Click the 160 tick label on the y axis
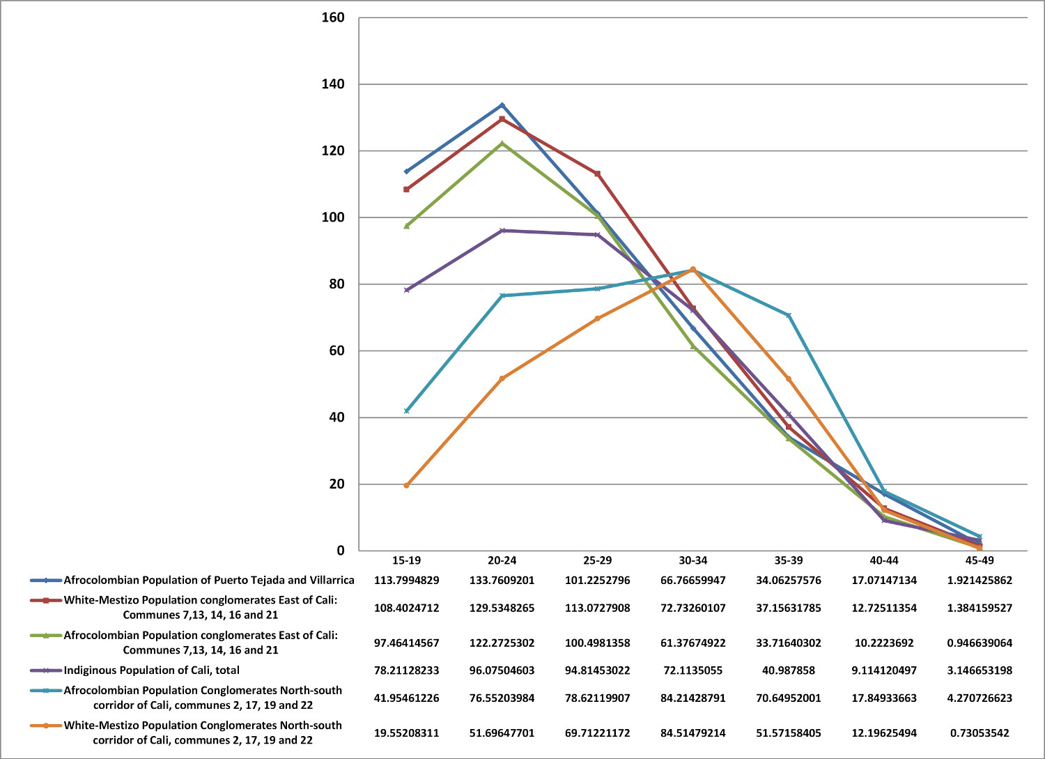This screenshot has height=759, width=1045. pyautogui.click(x=333, y=17)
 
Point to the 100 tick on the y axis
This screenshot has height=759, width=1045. pyautogui.click(x=333, y=217)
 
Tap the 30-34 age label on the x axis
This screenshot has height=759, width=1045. pyautogui.click(x=692, y=560)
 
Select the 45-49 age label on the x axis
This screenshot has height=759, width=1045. pyautogui.click(x=980, y=560)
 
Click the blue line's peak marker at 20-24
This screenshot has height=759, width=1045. pyautogui.click(x=502, y=105)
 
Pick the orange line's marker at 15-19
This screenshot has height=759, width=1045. pyautogui.click(x=406, y=485)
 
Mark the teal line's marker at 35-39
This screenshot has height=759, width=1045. pyautogui.click(x=789, y=315)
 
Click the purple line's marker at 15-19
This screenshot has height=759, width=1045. pyautogui.click(x=406, y=290)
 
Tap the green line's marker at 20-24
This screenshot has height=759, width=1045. pyautogui.click(x=502, y=144)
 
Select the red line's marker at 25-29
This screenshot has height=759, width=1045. pyautogui.click(x=597, y=174)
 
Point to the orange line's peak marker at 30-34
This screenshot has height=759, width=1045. pyautogui.click(x=692, y=269)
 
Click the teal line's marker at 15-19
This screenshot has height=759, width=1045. pyautogui.click(x=406, y=411)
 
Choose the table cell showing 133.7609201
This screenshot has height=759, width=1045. pyautogui.click(x=502, y=580)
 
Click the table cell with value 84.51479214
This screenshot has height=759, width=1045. pyautogui.click(x=692, y=733)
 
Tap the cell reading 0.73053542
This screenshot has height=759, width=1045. pyautogui.click(x=980, y=733)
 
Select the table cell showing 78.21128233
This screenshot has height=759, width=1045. pyautogui.click(x=406, y=670)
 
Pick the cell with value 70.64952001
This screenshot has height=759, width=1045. pyautogui.click(x=789, y=698)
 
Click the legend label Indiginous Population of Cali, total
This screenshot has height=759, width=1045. pyautogui.click(x=152, y=670)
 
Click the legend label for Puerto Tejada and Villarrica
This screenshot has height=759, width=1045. pyautogui.click(x=209, y=580)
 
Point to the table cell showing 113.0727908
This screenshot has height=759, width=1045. pyautogui.click(x=597, y=608)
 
